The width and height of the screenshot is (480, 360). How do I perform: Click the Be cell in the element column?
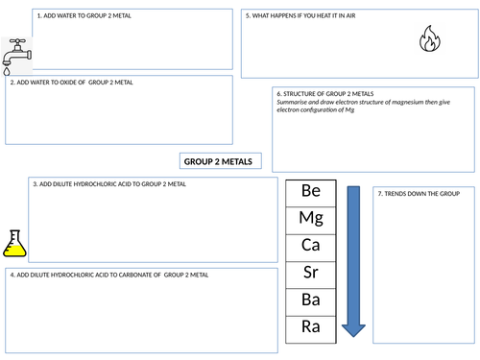[311, 191]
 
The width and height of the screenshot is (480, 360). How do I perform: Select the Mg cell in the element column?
[311, 218]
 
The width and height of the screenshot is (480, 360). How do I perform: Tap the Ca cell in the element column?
[311, 246]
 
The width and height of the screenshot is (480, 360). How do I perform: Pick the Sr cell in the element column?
[311, 273]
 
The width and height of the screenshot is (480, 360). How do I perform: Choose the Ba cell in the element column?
[311, 300]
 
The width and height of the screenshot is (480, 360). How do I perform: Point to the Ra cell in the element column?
[311, 326]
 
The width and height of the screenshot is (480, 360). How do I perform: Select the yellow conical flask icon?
[14, 244]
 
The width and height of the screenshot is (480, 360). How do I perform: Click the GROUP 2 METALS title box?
[218, 162]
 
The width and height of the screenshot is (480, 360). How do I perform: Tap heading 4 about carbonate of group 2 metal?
[108, 276]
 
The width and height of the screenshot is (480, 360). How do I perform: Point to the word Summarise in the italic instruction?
[293, 103]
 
